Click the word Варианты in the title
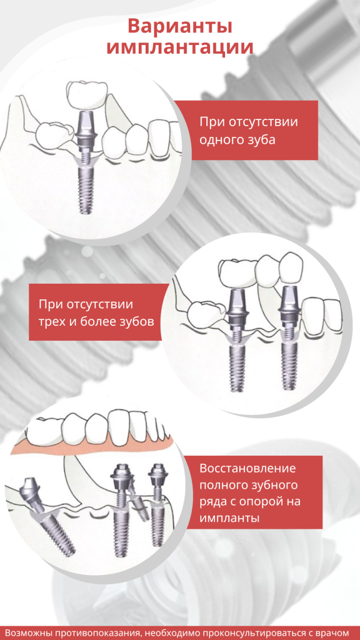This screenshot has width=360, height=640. [180, 26]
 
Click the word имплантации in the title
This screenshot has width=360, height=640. [180, 46]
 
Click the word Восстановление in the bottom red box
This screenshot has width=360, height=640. [247, 468]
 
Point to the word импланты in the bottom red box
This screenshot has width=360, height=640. [229, 518]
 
